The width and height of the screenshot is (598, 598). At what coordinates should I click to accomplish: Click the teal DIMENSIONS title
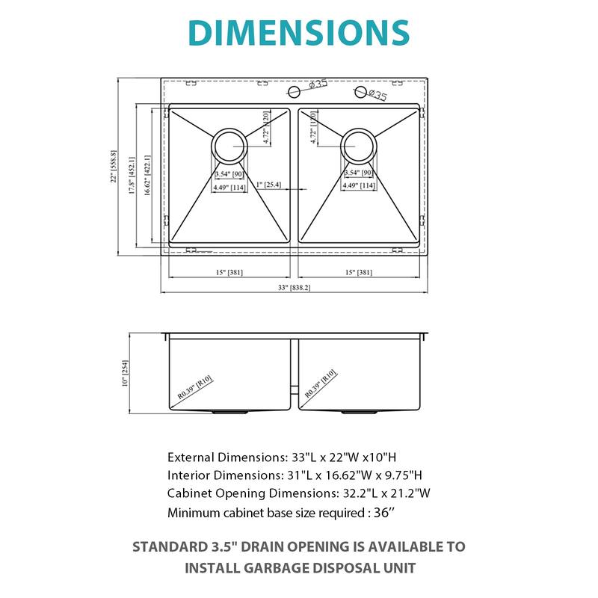click(x=299, y=33)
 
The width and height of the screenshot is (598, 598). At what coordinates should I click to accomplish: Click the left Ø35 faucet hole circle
click(x=295, y=92)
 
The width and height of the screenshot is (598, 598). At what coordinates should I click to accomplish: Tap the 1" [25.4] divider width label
click(x=268, y=185)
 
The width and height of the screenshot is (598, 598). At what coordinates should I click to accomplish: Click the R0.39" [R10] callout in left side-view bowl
click(x=196, y=386)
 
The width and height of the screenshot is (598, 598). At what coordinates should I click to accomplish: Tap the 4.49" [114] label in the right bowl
click(x=359, y=186)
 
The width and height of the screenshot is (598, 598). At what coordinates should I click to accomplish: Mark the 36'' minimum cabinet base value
click(x=389, y=512)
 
